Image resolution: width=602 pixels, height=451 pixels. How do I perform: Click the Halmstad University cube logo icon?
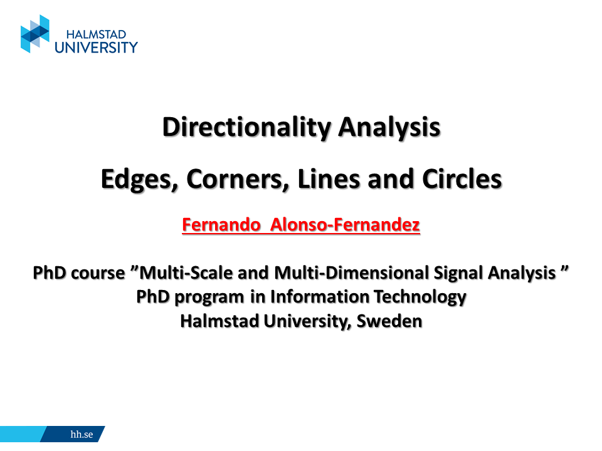coord(35,34)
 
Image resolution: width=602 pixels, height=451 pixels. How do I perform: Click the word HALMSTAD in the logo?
coord(97,34)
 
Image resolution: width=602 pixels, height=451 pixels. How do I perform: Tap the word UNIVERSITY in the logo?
coord(96,48)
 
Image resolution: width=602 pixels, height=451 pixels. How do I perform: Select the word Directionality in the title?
coord(246,127)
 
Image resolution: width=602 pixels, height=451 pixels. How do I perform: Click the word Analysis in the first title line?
coord(389,127)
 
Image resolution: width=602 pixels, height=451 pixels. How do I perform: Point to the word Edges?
coord(140,180)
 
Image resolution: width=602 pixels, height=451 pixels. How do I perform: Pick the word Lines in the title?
coord(329,179)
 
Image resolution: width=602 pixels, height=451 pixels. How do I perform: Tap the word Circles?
coord(462,179)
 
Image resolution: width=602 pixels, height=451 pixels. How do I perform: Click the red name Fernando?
coord(221,225)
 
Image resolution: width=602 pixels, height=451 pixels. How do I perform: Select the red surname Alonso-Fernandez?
coord(345,225)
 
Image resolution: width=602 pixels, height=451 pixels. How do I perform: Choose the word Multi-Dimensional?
coord(351,272)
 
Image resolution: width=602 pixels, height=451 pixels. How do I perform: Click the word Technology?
coord(420,298)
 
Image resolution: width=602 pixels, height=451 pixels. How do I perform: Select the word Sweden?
coord(389,321)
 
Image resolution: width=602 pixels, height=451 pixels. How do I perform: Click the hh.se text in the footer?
coord(82,434)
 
